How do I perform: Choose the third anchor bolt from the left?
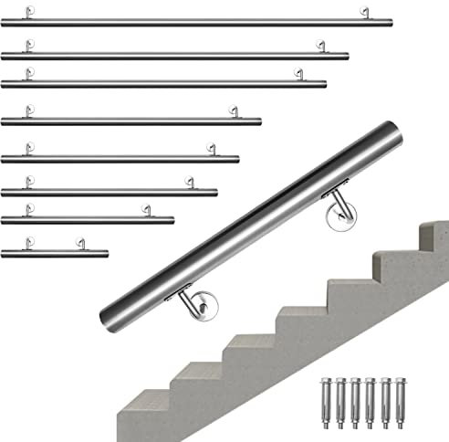(355, 396)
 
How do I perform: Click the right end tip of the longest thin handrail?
(392, 22)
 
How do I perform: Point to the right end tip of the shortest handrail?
(108, 253)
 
